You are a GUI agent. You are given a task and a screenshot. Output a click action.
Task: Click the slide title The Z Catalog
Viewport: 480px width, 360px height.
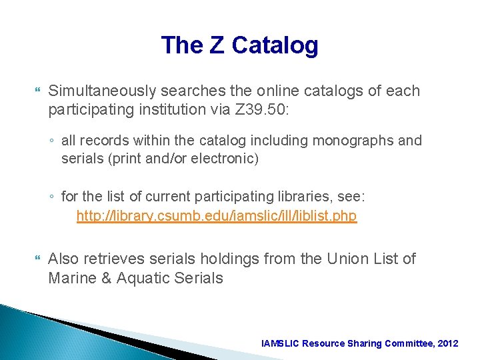pos(239,45)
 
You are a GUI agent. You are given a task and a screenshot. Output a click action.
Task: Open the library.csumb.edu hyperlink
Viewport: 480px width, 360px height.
pos(217,216)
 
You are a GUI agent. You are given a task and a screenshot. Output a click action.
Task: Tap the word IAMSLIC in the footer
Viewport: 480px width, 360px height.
pos(281,343)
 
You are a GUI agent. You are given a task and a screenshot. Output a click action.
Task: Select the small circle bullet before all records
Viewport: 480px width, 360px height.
pos(51,141)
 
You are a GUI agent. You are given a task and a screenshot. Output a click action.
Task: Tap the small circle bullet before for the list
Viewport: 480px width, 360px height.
pos(51,198)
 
